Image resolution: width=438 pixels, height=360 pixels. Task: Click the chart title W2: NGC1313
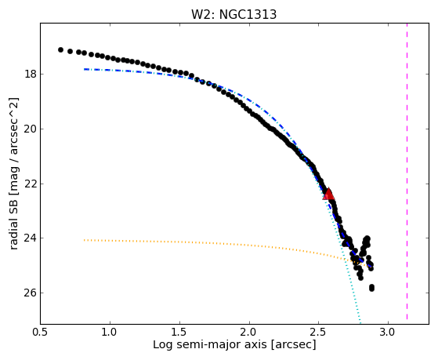[233, 14]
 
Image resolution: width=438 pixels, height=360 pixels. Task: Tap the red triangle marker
[328, 194]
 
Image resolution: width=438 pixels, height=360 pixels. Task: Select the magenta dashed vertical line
[407, 172]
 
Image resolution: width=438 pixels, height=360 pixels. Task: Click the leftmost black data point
[60, 49]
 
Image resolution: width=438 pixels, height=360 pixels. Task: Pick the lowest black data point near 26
[371, 288]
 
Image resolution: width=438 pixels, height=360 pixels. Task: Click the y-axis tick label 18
[31, 75]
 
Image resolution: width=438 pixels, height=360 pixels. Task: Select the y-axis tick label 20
[31, 129]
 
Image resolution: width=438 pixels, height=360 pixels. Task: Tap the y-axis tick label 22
[31, 184]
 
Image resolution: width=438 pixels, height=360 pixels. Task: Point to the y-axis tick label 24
[31, 238]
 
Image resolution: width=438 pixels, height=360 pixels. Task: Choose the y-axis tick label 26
[31, 293]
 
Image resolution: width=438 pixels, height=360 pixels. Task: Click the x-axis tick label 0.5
[41, 333]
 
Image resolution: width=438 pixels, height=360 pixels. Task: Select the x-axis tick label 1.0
[110, 333]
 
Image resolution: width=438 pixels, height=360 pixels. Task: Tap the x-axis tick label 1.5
[179, 333]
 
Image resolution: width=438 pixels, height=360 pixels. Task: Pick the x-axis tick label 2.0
[249, 333]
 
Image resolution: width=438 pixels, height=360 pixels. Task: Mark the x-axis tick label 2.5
[319, 333]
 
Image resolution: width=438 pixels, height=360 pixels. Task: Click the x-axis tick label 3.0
[389, 333]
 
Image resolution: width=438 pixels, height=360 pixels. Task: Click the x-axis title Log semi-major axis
[210, 344]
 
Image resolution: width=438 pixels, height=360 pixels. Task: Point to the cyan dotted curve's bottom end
[360, 320]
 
